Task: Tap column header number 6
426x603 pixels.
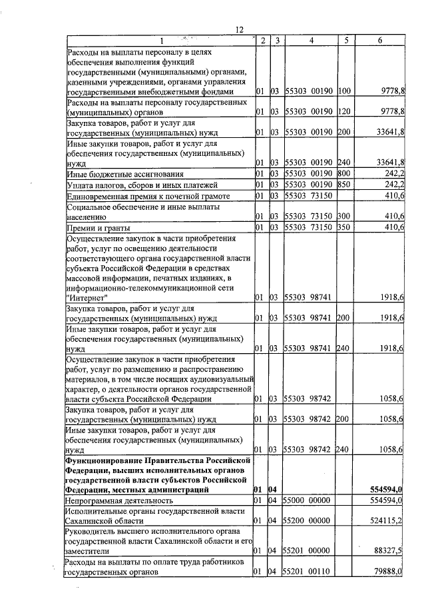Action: coord(379,41)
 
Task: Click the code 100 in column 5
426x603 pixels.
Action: coord(344,91)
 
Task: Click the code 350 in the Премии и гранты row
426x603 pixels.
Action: coord(344,228)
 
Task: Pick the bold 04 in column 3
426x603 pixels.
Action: coord(273,490)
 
